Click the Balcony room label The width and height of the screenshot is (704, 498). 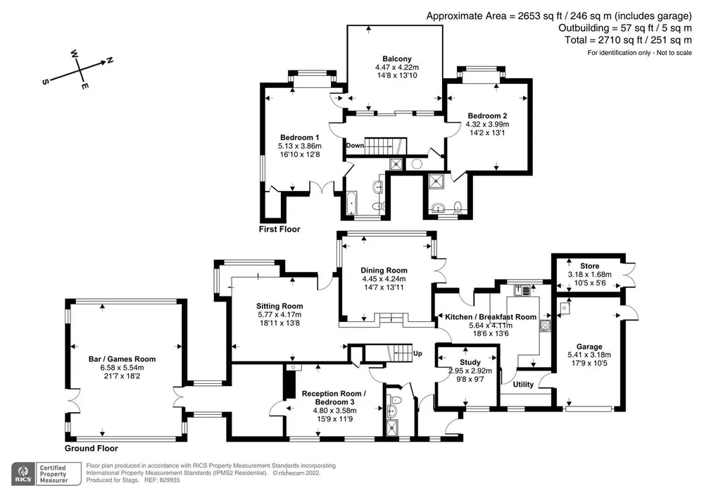point(397,59)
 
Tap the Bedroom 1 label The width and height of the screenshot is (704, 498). point(299,137)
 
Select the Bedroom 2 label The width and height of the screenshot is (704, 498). point(487,116)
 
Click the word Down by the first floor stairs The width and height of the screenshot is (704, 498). point(355,146)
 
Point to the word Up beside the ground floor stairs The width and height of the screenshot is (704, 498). point(417,354)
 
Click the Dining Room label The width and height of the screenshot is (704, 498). point(384,270)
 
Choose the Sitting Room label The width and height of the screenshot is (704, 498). point(279,306)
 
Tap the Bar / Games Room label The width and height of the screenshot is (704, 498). point(122,359)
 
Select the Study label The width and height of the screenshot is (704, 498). point(470,362)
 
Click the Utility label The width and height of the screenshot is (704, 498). point(523,385)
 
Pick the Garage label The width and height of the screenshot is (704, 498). point(589,347)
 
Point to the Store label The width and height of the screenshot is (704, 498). point(589,266)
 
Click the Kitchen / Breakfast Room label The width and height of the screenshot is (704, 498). point(491,317)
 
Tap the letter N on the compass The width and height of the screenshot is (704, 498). point(109,60)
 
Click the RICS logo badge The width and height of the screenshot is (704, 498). point(23,474)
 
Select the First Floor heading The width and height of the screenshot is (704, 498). point(279,230)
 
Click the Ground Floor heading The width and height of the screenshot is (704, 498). point(91,448)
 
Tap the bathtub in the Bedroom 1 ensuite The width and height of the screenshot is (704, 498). point(351,204)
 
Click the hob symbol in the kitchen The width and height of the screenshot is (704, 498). point(546,325)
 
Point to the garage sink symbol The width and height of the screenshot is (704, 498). point(565,309)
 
